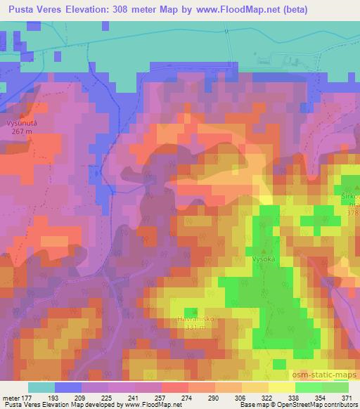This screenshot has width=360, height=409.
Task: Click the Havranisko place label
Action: point(189,318)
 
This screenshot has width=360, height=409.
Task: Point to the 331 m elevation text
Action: point(189,327)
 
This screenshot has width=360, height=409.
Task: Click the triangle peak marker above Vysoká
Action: point(264,249)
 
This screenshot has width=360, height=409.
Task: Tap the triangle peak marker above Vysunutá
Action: point(22,115)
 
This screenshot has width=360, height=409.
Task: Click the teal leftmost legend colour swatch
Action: point(41,387)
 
